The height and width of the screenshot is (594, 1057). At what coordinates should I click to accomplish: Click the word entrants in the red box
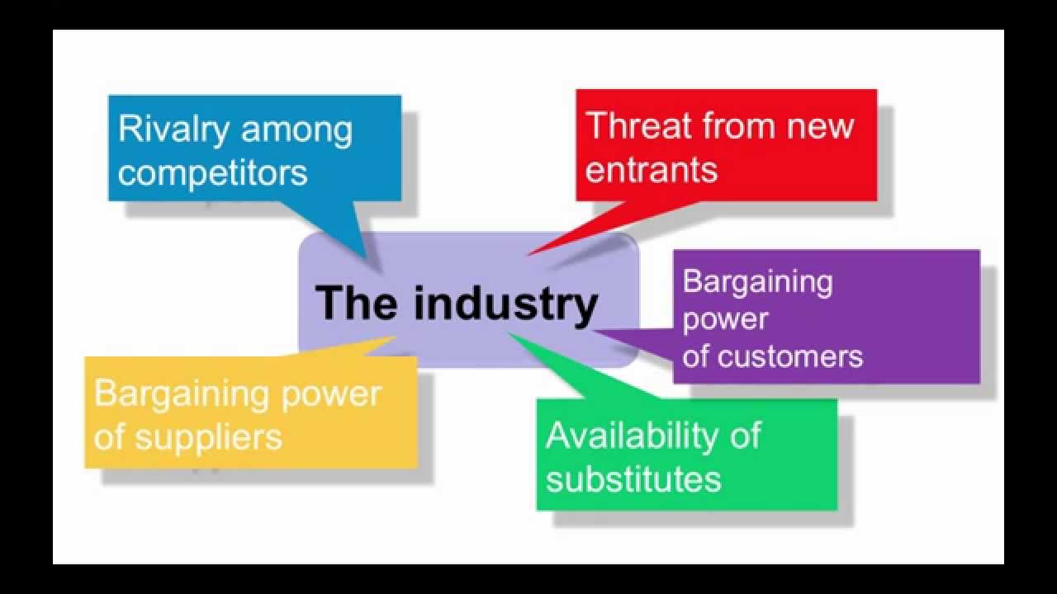[652, 169]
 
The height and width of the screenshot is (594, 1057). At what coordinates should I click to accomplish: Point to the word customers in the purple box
[790, 356]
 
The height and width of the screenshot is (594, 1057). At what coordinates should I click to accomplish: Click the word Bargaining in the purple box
[757, 283]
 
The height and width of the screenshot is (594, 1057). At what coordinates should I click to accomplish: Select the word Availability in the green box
[628, 436]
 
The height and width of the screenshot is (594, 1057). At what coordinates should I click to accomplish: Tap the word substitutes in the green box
[633, 478]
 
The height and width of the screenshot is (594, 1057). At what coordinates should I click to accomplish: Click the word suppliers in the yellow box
[208, 436]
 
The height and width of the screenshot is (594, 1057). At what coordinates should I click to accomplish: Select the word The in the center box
[356, 303]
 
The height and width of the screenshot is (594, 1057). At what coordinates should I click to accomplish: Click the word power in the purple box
[714, 320]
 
